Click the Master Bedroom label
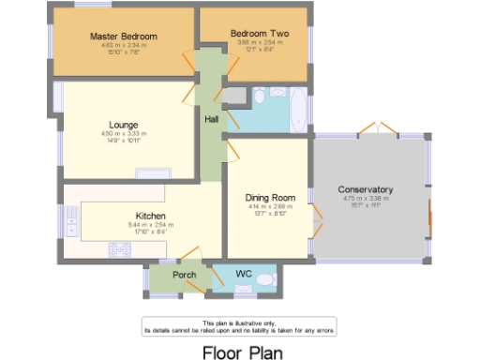(x=124, y=36)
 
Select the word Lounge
(x=124, y=125)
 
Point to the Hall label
(x=212, y=117)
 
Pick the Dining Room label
(x=270, y=197)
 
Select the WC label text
(x=244, y=274)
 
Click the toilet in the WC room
(x=265, y=279)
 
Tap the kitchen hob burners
(x=120, y=248)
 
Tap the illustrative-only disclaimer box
(x=239, y=326)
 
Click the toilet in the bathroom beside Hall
(x=235, y=97)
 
